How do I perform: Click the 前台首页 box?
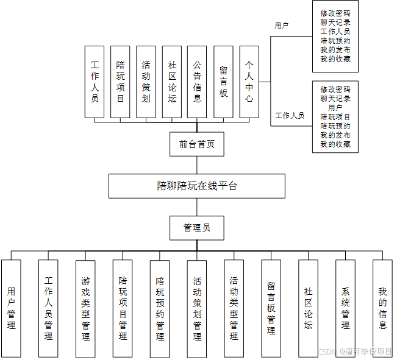coord(197,144)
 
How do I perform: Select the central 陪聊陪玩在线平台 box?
coord(197,186)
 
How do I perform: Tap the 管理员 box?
coord(197,228)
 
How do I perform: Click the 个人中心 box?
coord(249,82)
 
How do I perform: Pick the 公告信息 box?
coord(197,82)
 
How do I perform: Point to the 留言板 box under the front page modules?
coord(223,82)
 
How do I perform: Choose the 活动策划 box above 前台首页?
coord(146,82)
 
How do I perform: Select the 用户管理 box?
coord(11,308)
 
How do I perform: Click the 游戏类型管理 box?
coord(85,308)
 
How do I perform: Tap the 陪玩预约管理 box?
coord(160,308)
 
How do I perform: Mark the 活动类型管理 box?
coord(234,308)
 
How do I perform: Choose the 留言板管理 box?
coord(271,308)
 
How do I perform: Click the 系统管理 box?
coord(346,308)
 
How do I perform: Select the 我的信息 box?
coord(382,308)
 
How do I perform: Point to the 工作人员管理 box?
coord(48,308)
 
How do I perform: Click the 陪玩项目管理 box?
coord(123,308)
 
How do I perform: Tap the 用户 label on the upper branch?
coord(281,26)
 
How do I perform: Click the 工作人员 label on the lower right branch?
coord(290,115)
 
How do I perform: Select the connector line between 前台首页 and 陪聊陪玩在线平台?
coord(197,164)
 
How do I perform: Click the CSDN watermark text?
coord(328,351)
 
